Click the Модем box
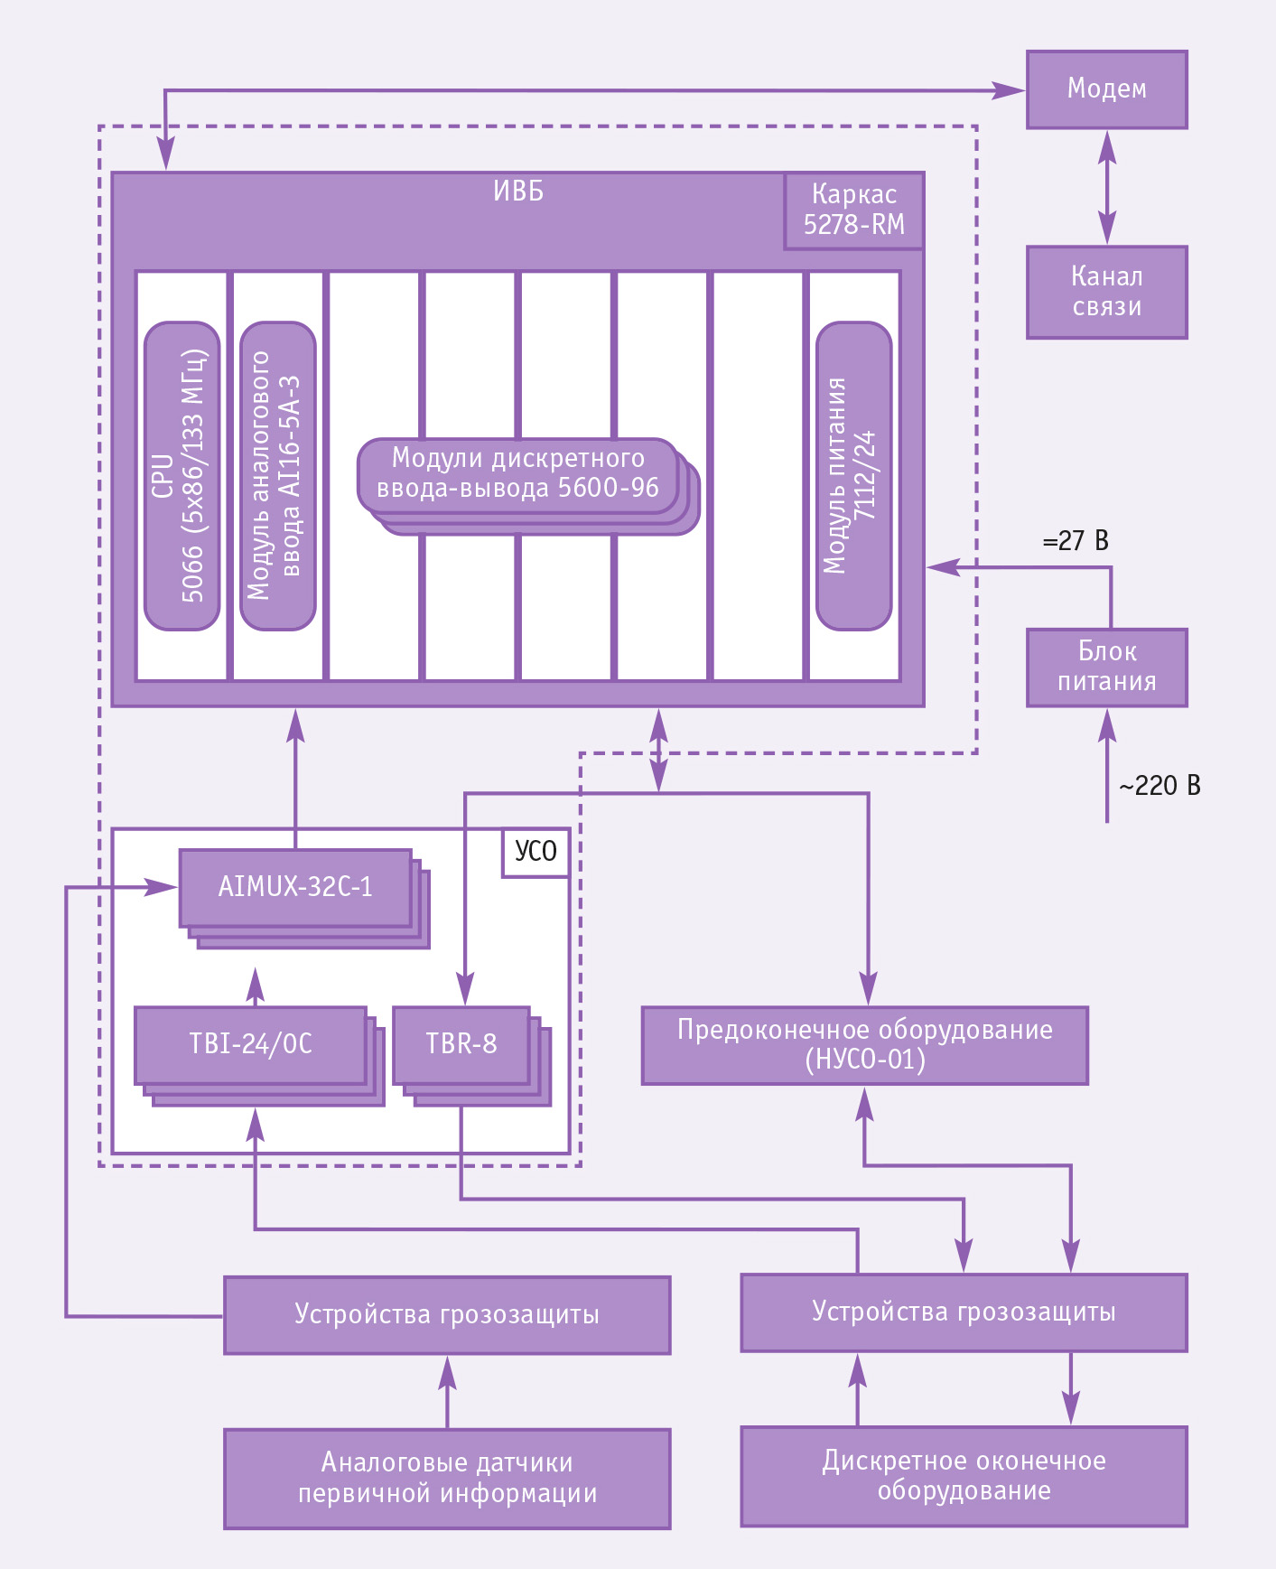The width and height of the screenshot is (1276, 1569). pos(1106,89)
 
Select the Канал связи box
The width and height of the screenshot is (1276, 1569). pos(1106,292)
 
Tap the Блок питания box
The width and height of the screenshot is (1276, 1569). pos(1106,668)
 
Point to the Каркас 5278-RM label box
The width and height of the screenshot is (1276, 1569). pos(853,210)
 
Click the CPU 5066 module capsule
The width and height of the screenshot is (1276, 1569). pos(182,475)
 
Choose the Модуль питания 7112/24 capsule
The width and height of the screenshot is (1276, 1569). pos(853,475)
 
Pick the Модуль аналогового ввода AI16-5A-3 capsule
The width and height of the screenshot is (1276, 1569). pos(278,475)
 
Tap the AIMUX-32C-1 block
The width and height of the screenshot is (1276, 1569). pos(295,887)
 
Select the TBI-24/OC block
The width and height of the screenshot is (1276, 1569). pos(250,1044)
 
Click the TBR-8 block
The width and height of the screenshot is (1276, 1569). pos(461,1044)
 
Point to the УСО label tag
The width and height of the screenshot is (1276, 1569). pos(536,852)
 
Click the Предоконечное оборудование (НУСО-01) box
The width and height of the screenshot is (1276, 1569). pos(865,1045)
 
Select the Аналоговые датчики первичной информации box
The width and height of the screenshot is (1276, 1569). pos(447,1479)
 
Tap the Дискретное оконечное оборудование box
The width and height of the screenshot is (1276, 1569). pos(964,1476)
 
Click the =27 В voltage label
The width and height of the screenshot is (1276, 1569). pos(1076,541)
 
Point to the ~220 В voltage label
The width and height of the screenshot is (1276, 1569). pos(1160,786)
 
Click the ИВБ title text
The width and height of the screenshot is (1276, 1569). pos(518,191)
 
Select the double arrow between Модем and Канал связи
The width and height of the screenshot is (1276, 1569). pos(1107,188)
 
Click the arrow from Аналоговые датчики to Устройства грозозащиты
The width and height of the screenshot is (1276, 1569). pos(447,1392)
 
